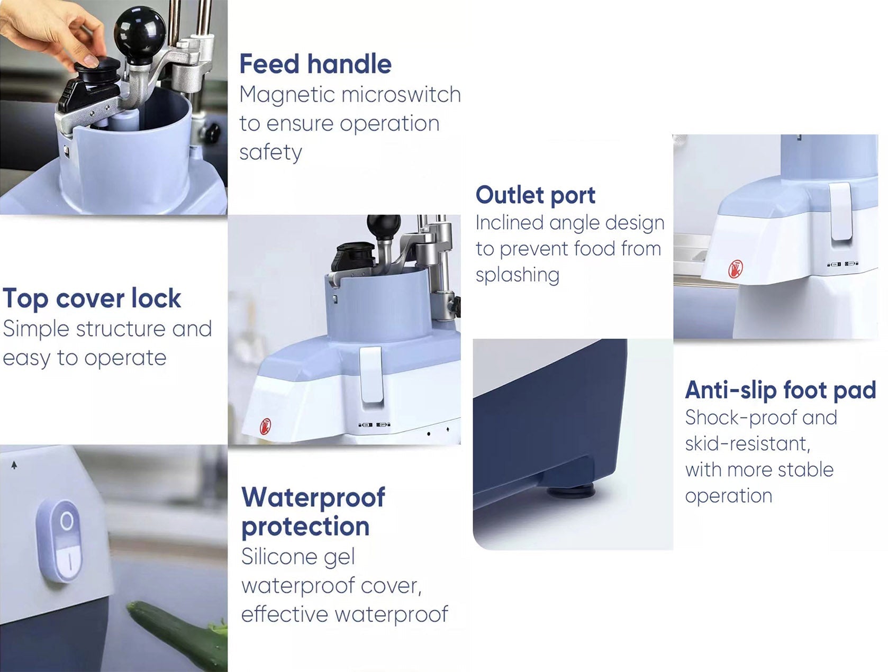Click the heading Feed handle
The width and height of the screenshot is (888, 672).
(315, 64)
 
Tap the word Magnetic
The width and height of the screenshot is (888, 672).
(287, 95)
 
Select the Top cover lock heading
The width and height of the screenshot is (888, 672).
(92, 299)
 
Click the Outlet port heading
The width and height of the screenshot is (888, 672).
(535, 195)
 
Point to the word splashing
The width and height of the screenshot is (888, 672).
(518, 275)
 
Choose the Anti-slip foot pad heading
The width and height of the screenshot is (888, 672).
(781, 390)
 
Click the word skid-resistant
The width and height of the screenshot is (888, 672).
(748, 444)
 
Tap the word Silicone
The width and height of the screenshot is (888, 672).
(298, 557)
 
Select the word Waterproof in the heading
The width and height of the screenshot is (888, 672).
(313, 497)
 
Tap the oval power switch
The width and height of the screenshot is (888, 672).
(59, 542)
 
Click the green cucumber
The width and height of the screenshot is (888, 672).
(178, 635)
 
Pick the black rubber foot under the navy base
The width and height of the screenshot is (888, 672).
(571, 492)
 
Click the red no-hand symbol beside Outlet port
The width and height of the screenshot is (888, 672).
(736, 269)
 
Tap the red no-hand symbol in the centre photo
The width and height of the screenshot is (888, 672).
(265, 426)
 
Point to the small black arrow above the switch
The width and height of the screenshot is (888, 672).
(14, 466)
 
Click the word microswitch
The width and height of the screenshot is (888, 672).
(401, 95)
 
